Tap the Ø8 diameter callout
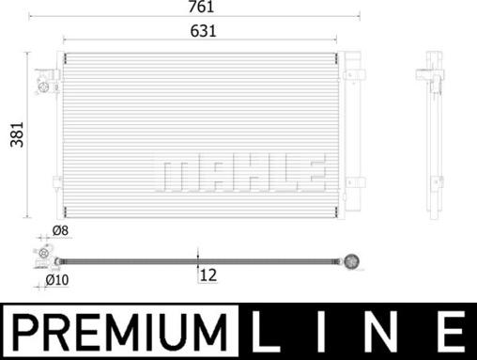59,230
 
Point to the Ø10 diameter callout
59,278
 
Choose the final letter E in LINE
448,332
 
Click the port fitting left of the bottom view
41,258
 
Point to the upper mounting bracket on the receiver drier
357,70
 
